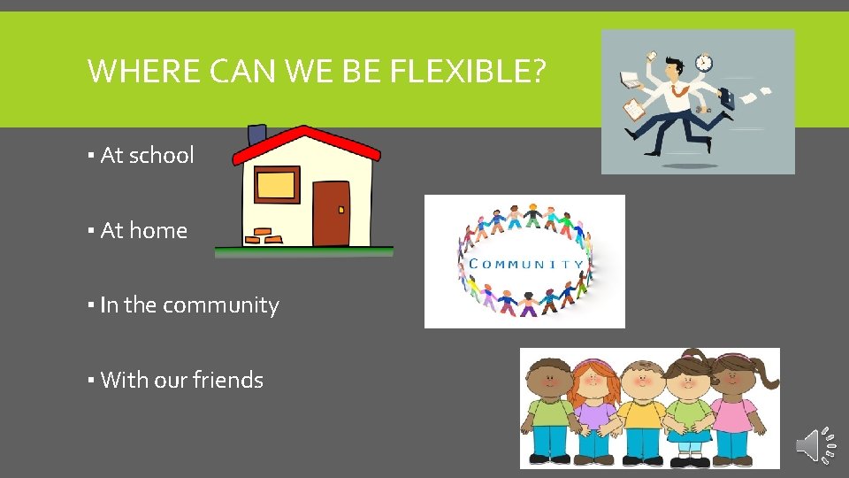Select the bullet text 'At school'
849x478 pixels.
[x=147, y=156]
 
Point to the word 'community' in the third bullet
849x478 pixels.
[x=221, y=305]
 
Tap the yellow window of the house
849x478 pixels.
[x=276, y=185]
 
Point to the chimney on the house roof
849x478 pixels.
[x=257, y=135]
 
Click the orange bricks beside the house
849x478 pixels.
[x=263, y=236]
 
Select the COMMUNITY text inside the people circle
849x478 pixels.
[x=525, y=263]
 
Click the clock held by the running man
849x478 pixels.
[x=704, y=63]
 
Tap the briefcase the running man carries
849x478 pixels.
[x=726, y=97]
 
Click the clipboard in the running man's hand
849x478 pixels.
[x=635, y=110]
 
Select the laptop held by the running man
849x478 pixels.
[x=630, y=80]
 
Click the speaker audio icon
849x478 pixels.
[x=815, y=445]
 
